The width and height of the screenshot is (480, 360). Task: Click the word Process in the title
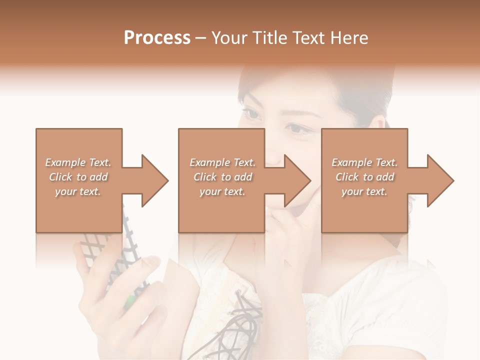coord(157,37)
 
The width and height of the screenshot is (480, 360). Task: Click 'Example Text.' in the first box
coord(78,162)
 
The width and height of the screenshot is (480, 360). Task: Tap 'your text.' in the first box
coord(78,191)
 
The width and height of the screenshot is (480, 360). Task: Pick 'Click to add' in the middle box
coord(222,177)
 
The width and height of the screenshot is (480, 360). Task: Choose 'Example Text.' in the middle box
coord(222,162)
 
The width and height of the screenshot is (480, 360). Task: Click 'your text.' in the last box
coord(364,191)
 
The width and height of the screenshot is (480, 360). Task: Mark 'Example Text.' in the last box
coord(364,162)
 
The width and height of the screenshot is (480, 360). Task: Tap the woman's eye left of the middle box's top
coord(252,114)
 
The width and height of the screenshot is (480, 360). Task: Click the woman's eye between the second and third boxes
coord(298,129)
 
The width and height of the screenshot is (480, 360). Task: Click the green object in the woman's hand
coord(129,300)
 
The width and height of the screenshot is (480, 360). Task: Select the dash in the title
coord(201,38)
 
